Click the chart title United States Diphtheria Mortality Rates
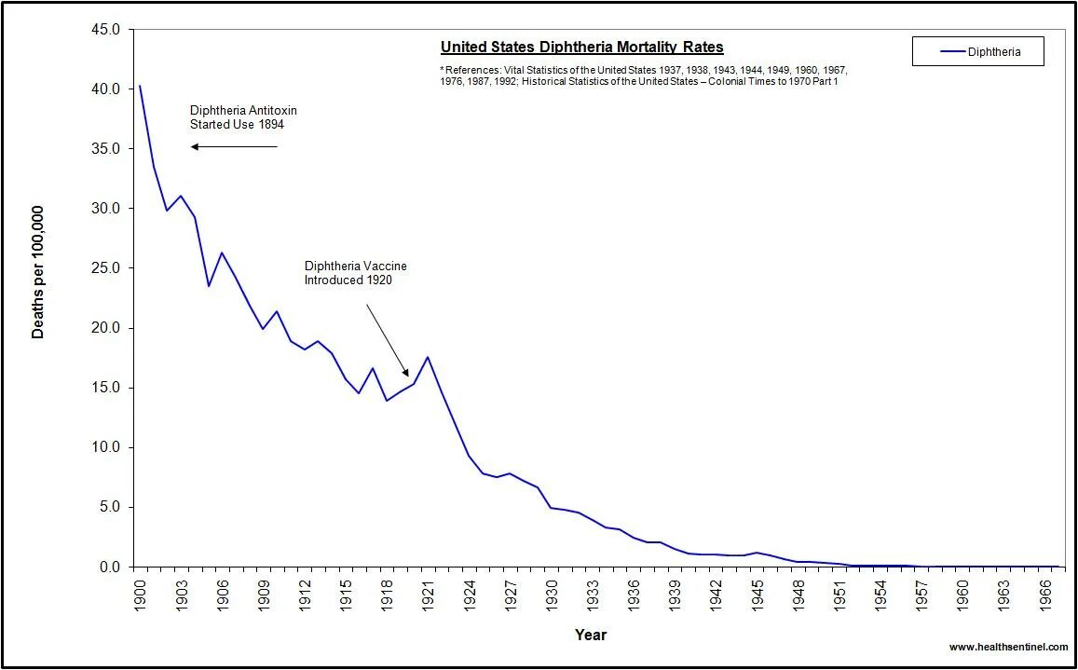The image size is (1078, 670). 581,48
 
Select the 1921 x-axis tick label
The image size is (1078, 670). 428,593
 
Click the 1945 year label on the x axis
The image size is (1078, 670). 757,593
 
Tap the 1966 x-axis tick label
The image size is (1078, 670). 1045,593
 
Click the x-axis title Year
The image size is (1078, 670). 591,636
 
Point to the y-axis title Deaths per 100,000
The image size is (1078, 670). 38,272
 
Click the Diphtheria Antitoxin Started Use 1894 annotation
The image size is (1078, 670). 243,117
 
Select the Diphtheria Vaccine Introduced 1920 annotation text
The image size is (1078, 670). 355,273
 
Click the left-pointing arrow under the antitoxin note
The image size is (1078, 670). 234,146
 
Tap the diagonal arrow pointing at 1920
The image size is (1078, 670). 387,340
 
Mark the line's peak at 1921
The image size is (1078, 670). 428,357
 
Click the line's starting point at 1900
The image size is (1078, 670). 140,86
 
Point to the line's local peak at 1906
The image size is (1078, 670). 222,253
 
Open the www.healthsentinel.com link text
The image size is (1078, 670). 1008,647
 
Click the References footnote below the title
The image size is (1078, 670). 643,75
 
